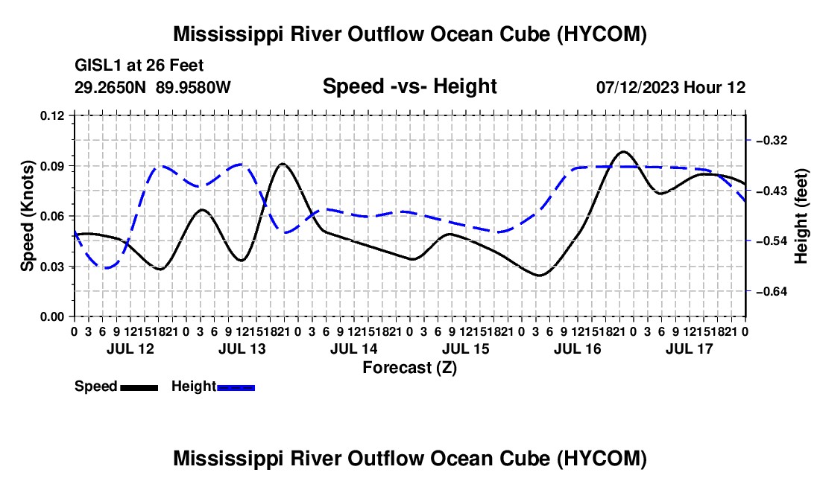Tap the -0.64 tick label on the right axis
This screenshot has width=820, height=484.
(x=772, y=291)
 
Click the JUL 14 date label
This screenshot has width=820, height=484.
(x=353, y=348)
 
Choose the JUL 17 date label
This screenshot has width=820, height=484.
(x=690, y=348)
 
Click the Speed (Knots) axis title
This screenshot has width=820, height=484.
(x=27, y=216)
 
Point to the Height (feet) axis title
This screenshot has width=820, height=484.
(x=801, y=216)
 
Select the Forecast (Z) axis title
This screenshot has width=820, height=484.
(x=410, y=368)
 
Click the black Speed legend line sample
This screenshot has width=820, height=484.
(x=139, y=387)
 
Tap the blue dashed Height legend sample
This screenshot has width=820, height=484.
(x=236, y=387)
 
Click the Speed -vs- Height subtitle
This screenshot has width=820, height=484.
(x=410, y=86)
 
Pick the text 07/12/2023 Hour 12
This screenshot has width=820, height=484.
(x=671, y=87)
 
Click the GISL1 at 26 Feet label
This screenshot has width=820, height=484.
(x=139, y=66)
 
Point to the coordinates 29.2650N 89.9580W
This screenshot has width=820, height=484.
(x=153, y=87)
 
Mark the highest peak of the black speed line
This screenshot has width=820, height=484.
(x=623, y=151)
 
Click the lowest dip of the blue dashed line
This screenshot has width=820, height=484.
(x=106, y=268)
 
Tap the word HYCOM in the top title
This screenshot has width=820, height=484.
(x=602, y=34)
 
